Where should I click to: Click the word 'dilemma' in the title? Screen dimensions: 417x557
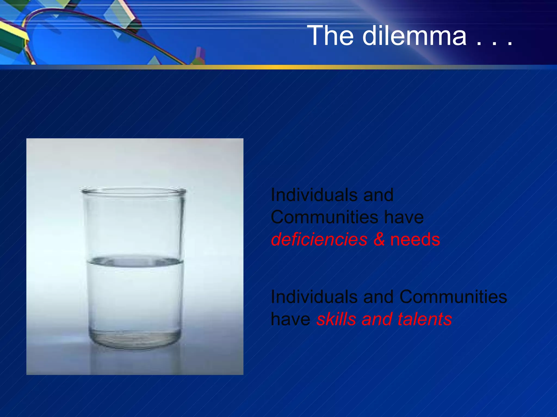(414, 36)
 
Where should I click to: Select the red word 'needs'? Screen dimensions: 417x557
(415, 239)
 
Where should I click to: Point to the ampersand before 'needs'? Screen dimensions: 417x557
(379, 239)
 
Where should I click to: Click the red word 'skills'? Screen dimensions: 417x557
(336, 319)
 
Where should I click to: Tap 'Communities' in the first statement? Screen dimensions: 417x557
(324, 217)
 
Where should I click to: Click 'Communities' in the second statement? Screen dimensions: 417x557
(453, 296)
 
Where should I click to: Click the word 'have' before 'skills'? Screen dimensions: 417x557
(290, 319)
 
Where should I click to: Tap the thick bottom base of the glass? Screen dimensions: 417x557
(135, 339)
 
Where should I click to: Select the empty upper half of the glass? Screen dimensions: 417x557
(133, 225)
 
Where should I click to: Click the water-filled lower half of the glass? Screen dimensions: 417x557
(135, 299)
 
